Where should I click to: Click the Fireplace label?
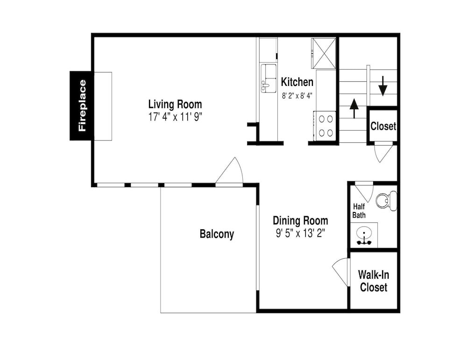click(82, 106)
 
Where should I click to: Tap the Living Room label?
click(175, 104)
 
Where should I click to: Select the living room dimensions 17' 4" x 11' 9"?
click(176, 117)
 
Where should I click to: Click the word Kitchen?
click(297, 82)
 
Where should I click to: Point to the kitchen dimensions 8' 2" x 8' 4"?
click(297, 96)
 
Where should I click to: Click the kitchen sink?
click(269, 78)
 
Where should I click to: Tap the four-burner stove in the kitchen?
click(325, 126)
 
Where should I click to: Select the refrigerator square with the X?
click(324, 53)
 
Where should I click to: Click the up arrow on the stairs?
click(354, 108)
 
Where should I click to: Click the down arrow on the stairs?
click(383, 86)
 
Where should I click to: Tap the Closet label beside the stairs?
click(383, 126)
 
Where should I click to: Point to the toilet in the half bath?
click(386, 201)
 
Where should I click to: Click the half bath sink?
click(364, 235)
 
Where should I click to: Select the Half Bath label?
click(359, 211)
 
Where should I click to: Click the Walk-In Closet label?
click(374, 281)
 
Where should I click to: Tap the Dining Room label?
click(300, 221)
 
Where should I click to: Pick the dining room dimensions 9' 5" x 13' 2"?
click(300, 233)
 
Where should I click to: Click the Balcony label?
click(217, 234)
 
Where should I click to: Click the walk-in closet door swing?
click(340, 272)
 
